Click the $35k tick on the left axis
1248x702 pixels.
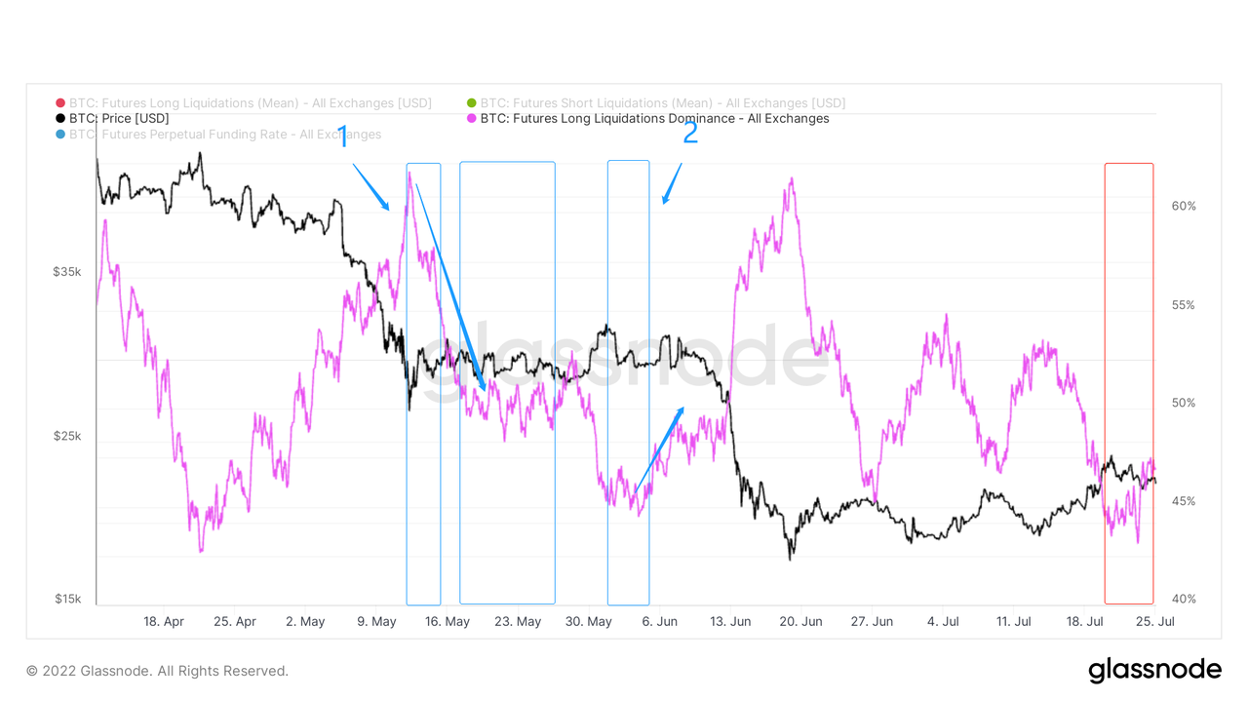[x=67, y=272]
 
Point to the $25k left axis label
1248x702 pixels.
[x=67, y=436]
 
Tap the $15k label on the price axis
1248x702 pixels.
[x=67, y=599]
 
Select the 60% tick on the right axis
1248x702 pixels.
[x=1184, y=207]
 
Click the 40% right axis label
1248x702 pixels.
[x=1184, y=599]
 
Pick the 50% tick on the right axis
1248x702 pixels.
[x=1184, y=403]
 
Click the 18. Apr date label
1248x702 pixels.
[x=164, y=621]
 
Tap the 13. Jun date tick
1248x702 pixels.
[x=730, y=621]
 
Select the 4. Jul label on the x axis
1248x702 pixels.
[x=944, y=621]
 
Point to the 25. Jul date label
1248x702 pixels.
[x=1155, y=621]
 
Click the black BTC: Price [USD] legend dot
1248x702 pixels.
[x=60, y=119]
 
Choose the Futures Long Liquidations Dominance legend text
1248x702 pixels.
[x=654, y=119]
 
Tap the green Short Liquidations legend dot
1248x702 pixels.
[x=472, y=103]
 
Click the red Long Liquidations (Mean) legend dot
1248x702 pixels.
[x=60, y=103]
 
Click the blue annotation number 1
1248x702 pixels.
[x=342, y=136]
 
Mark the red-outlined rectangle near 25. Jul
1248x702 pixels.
[x=1128, y=383]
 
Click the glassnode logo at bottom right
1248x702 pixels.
[x=1154, y=670]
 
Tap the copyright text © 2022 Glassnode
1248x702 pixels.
[x=157, y=671]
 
